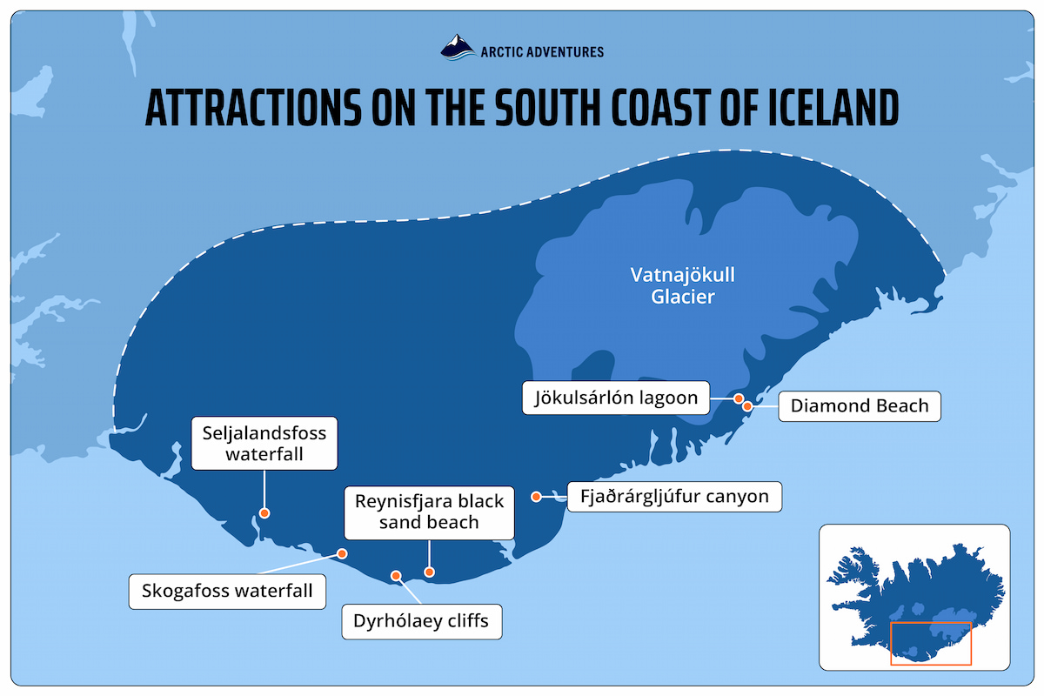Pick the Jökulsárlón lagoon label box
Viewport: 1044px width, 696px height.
pyautogui.click(x=616, y=398)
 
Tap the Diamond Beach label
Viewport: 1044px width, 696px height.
pyautogui.click(x=859, y=405)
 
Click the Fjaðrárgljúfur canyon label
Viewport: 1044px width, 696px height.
pyautogui.click(x=674, y=497)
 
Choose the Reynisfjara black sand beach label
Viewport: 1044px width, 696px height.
pyautogui.click(x=429, y=512)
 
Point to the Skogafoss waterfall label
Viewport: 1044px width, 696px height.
pyautogui.click(x=227, y=591)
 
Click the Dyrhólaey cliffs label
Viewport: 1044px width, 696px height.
pyautogui.click(x=421, y=621)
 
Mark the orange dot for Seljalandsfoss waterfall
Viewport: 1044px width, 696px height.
pyautogui.click(x=264, y=513)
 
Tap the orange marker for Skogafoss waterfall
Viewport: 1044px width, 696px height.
pyautogui.click(x=343, y=553)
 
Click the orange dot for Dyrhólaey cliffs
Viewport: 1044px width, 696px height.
pyautogui.click(x=396, y=575)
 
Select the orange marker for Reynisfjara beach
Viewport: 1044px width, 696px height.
pyautogui.click(x=428, y=572)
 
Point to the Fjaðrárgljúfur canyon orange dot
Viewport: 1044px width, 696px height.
pyautogui.click(x=537, y=497)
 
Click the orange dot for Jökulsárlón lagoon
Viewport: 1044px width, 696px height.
pyautogui.click(x=738, y=399)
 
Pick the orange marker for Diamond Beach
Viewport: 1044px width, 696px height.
pyautogui.click(x=747, y=405)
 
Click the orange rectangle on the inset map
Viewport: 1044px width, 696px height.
pyautogui.click(x=930, y=644)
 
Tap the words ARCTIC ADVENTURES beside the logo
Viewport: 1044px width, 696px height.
pyautogui.click(x=542, y=52)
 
